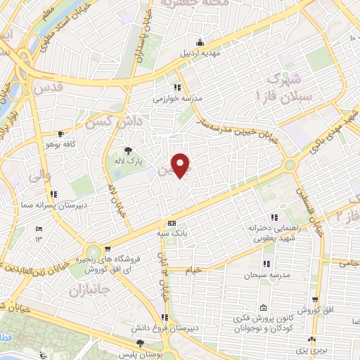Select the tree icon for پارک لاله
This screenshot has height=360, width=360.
(x=128, y=150)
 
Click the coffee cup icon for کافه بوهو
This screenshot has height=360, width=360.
(x=61, y=134)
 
